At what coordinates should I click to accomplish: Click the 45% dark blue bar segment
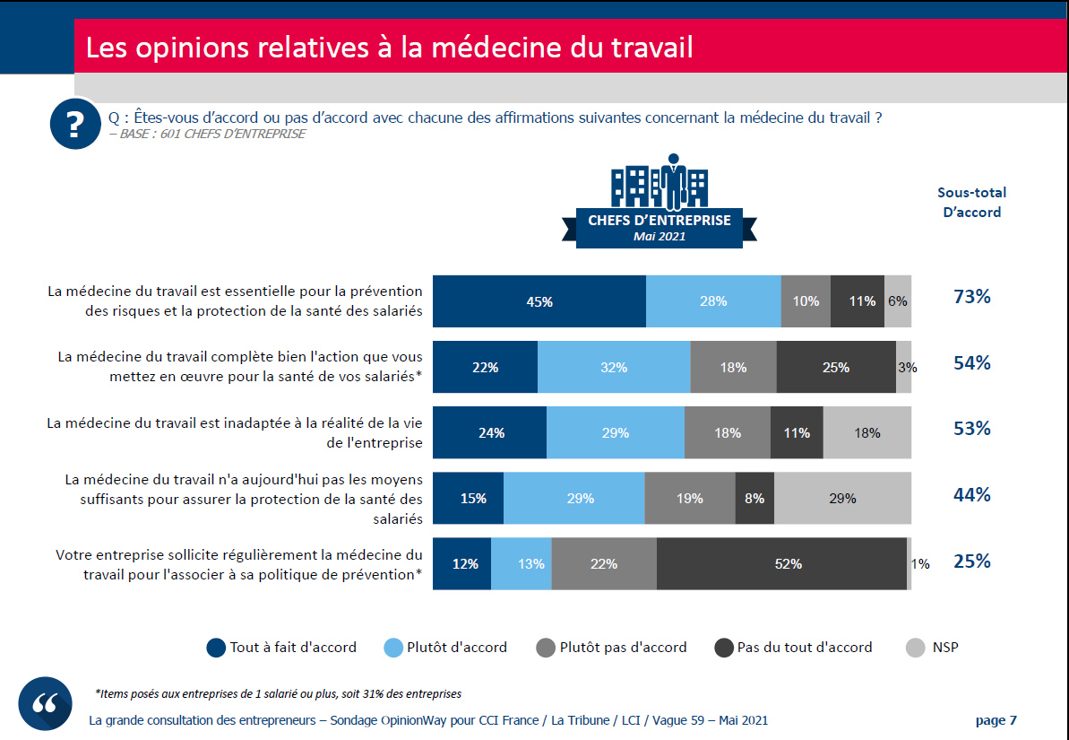(x=539, y=301)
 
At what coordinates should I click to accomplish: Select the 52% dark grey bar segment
(x=781, y=564)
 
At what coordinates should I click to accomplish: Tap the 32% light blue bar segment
(x=614, y=367)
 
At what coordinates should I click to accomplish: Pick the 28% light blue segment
(x=713, y=301)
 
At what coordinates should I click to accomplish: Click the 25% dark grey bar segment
(x=836, y=367)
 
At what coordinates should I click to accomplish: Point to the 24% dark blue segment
(x=490, y=432)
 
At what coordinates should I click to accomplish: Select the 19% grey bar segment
(x=689, y=498)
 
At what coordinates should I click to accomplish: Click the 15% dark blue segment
(x=469, y=498)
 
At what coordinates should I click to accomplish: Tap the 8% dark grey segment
(x=754, y=498)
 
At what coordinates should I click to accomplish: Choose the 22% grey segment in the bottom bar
(x=604, y=564)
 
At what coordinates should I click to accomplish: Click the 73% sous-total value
(x=971, y=297)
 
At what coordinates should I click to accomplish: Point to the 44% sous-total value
(x=971, y=494)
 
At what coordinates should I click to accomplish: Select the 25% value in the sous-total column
(x=971, y=562)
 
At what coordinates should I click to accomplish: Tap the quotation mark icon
(x=45, y=703)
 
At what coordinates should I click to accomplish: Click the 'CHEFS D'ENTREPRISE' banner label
(x=659, y=221)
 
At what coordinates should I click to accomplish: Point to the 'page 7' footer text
(x=996, y=720)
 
